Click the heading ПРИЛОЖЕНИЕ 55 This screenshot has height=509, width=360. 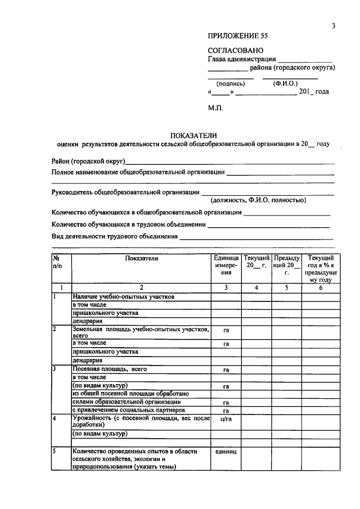coord(238,35)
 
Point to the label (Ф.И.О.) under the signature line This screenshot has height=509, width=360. coord(285,83)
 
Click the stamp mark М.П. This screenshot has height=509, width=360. coord(215,107)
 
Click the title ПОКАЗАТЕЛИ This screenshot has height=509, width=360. coord(194,135)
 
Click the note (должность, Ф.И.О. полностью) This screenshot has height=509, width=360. coord(258,200)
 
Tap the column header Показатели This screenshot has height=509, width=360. coord(142,258)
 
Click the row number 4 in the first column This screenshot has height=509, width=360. coord(55,418)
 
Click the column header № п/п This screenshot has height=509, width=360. coord(57,262)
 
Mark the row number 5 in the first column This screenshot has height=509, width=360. coord(55,451)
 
